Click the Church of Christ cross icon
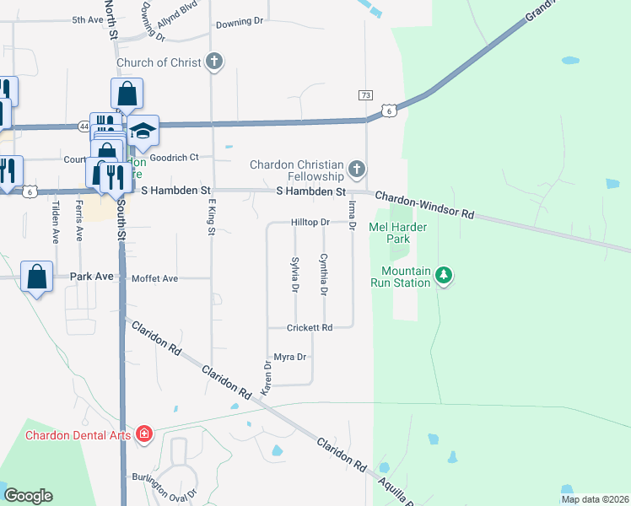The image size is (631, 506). click(x=215, y=62)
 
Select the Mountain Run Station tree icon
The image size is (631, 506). click(x=445, y=275)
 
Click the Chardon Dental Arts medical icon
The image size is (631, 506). click(x=144, y=435)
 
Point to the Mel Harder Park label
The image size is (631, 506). click(x=398, y=233)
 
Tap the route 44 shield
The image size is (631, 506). click(x=84, y=126)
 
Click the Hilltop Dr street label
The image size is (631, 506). click(x=310, y=223)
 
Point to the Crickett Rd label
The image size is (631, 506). click(x=310, y=327)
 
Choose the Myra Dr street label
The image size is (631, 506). click(x=289, y=358)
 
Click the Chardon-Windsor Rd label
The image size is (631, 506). click(x=424, y=205)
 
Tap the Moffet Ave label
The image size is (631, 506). click(x=154, y=278)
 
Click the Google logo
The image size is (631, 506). click(x=28, y=496)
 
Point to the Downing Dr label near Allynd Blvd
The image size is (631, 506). click(x=240, y=24)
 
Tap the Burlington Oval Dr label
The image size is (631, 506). click(x=164, y=487)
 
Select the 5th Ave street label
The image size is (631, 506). click(x=87, y=19)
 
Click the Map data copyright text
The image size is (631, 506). click(x=595, y=499)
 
